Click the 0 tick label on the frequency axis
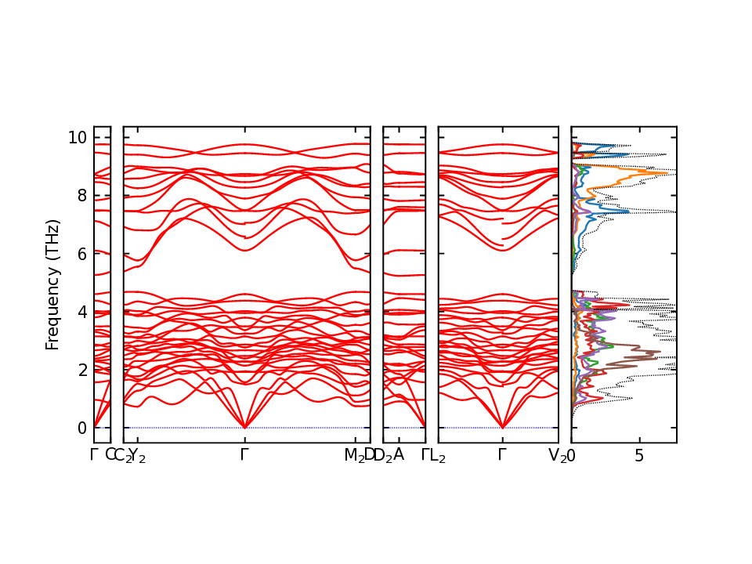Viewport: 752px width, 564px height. click(81, 428)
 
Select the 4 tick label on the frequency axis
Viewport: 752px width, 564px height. click(81, 312)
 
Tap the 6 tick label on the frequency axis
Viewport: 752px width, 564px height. click(81, 254)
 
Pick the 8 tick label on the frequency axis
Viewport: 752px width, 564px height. click(81, 196)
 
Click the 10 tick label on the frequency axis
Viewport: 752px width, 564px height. click(78, 138)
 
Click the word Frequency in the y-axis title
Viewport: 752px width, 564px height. click(53, 302)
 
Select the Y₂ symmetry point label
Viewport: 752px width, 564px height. click(137, 455)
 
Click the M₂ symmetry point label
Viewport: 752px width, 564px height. click(355, 455)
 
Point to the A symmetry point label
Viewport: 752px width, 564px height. click(399, 454)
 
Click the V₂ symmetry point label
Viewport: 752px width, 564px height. click(557, 455)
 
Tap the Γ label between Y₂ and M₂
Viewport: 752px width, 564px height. click(245, 454)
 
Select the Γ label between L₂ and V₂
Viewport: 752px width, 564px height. click(502, 454)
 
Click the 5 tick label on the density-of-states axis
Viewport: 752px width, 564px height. click(640, 455)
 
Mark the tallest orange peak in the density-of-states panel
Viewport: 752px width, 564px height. click(667, 172)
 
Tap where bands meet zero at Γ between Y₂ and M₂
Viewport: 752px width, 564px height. click(245, 428)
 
